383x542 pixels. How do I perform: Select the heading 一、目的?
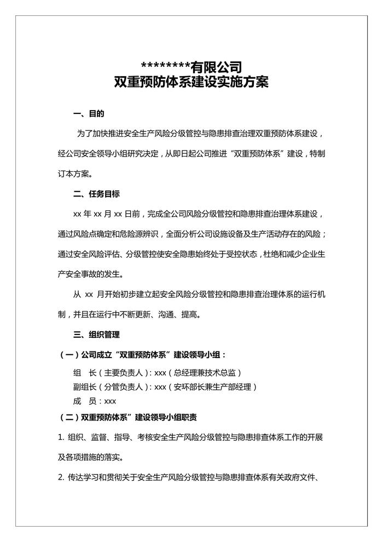pos(89,114)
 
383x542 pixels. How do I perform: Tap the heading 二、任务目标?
pos(96,194)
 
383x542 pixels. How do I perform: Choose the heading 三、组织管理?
pos(96,334)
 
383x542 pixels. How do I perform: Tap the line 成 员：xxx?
pos(95,401)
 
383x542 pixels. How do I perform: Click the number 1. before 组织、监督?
pos(61,437)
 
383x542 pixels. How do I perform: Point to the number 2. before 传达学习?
pos(61,477)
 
